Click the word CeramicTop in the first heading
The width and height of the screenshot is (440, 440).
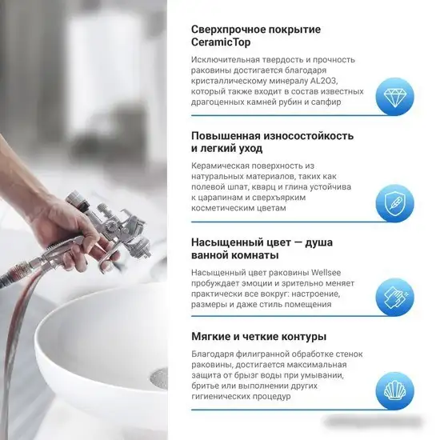[x=221, y=42]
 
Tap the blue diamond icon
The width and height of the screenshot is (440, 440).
[x=395, y=96]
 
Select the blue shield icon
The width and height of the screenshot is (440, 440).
[x=395, y=203]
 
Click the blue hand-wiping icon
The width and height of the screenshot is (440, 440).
[x=395, y=297]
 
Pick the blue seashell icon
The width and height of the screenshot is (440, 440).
[x=395, y=391]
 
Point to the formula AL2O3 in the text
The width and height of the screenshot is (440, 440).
[x=322, y=81]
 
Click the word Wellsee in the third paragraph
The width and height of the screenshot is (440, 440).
[x=326, y=273]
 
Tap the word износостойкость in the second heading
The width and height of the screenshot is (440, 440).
[x=308, y=136]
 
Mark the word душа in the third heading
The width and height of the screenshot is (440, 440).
[x=318, y=242]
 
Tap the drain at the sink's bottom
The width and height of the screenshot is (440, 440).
[x=158, y=379]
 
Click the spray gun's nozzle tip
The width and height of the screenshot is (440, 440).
[x=149, y=254]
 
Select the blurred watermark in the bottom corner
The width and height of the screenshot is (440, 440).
[x=374, y=422]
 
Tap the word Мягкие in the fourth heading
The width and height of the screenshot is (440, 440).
[x=210, y=337]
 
